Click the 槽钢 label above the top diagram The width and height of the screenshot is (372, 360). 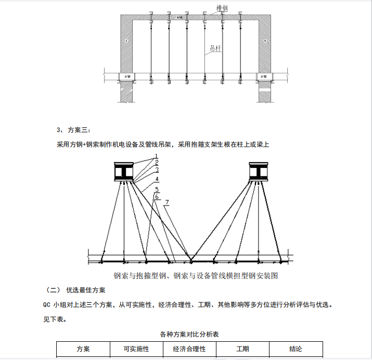click(x=222, y=8)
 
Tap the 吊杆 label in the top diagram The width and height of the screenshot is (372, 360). click(x=215, y=48)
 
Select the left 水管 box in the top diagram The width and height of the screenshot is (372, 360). click(x=125, y=76)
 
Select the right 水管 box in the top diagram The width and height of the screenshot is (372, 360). click(x=264, y=76)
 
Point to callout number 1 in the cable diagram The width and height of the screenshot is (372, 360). click(x=156, y=156)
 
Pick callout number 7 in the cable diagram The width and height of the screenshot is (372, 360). click(x=167, y=202)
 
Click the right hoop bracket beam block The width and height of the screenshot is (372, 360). click(x=259, y=172)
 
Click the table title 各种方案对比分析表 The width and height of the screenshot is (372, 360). click(x=189, y=335)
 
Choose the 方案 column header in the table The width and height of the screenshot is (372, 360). click(x=83, y=349)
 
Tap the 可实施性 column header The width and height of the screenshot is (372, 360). click(x=136, y=349)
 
